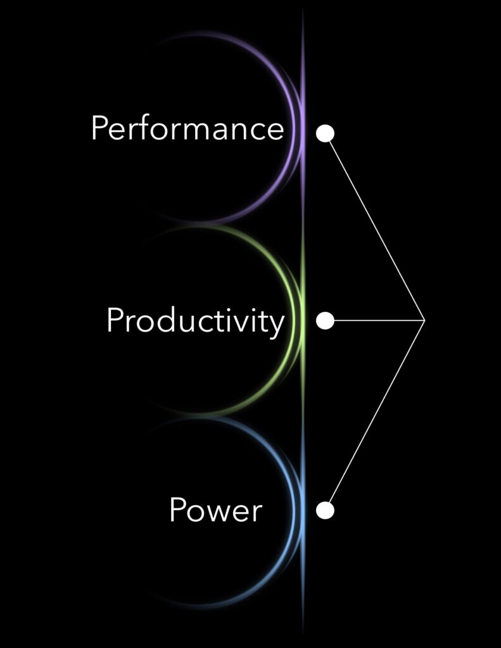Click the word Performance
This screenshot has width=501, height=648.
click(187, 128)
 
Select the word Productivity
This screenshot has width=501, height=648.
click(195, 321)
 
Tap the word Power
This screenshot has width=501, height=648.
click(215, 510)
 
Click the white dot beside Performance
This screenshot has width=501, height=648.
click(325, 134)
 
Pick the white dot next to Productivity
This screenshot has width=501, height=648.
click(325, 321)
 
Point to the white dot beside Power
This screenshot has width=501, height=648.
click(325, 510)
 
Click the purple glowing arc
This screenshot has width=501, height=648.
click(288, 95)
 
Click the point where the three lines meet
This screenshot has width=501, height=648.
click(424, 321)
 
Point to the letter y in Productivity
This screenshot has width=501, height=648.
click(276, 324)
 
